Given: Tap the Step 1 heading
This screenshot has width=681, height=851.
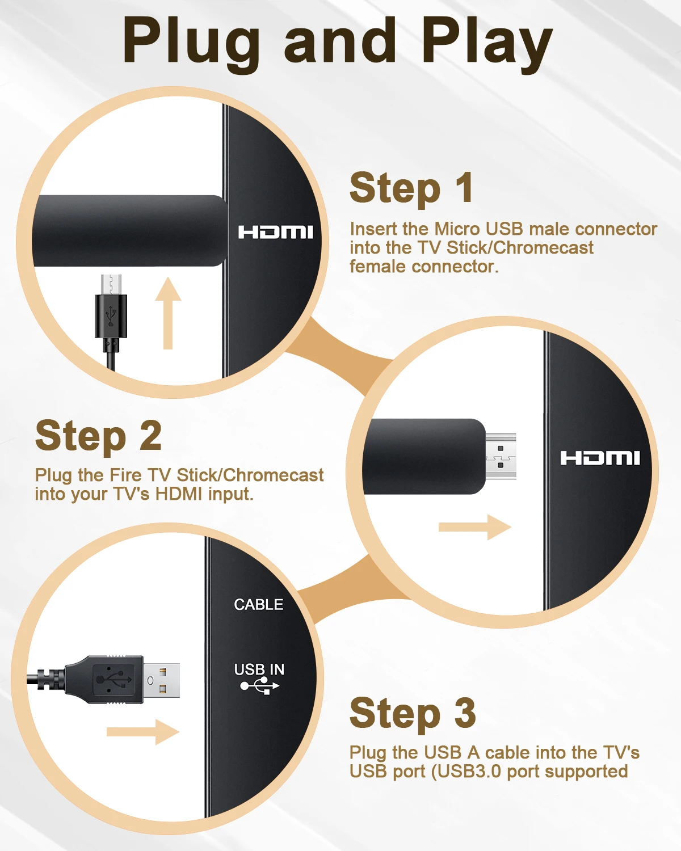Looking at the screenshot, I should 411,188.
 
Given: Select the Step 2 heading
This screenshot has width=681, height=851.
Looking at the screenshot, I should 98,436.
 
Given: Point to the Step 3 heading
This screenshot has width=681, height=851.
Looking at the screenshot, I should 413,713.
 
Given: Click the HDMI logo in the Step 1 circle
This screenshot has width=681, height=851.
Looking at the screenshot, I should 275,232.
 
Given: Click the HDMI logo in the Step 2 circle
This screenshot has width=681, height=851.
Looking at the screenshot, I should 599,458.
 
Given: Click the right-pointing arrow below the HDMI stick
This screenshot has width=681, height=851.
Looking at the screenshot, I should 474,528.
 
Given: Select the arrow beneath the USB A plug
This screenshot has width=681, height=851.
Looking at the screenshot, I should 143,732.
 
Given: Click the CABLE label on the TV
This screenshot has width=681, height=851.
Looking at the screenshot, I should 258,605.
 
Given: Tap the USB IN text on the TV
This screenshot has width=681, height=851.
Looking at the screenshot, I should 259,669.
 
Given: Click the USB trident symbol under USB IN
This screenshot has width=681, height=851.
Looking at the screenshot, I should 259,686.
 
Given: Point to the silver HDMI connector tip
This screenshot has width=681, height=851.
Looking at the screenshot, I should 501,456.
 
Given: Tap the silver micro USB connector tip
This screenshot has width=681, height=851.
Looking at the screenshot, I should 111,284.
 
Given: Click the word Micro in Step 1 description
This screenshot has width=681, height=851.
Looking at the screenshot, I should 457,229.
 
